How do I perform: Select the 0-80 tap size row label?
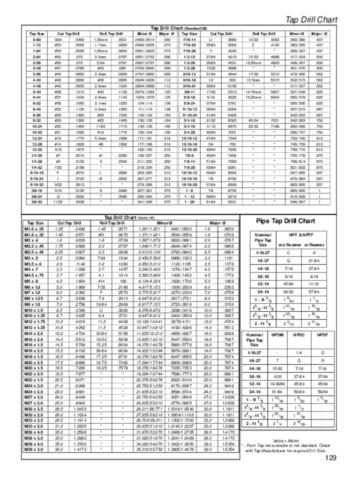(36, 40)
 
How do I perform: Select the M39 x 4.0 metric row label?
(34, 443)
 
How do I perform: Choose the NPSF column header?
(322, 335)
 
